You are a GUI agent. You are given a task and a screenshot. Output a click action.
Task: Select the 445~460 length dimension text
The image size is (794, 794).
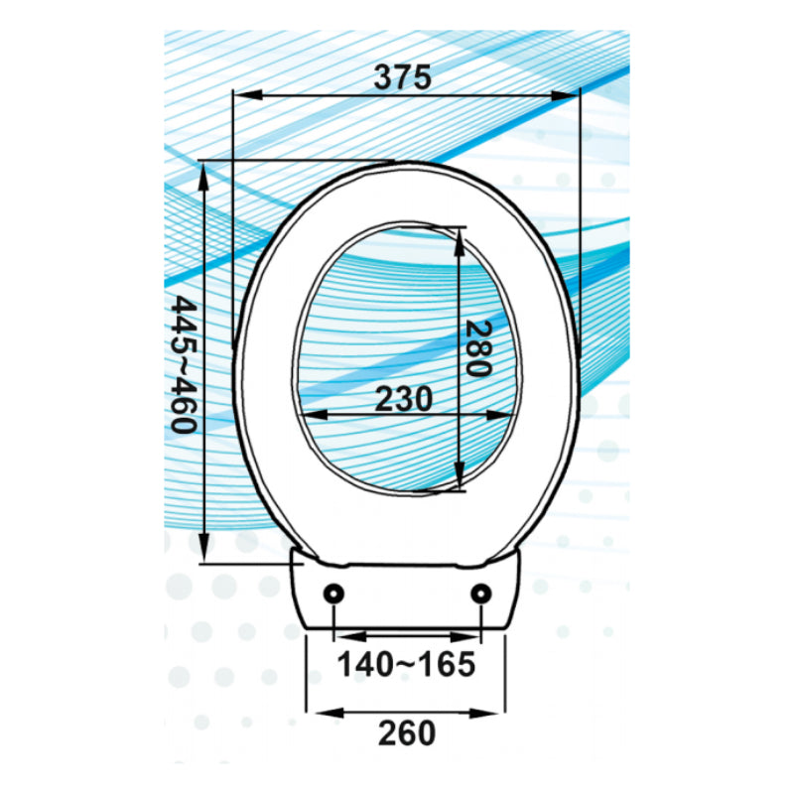point(182,363)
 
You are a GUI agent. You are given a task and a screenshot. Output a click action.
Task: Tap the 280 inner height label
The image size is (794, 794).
point(477,348)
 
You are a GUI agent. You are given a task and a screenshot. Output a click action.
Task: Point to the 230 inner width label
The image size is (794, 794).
point(403,399)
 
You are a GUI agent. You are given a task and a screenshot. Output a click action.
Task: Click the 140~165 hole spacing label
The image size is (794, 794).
point(405,665)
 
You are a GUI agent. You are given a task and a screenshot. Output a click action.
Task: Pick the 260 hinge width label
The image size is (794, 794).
point(406,732)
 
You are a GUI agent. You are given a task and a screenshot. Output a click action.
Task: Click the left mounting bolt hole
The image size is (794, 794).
point(333,594)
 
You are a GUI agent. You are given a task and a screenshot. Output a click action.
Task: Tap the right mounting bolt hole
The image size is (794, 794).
point(481,594)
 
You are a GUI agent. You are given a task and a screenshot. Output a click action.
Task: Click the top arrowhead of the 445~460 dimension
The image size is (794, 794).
point(203,173)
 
